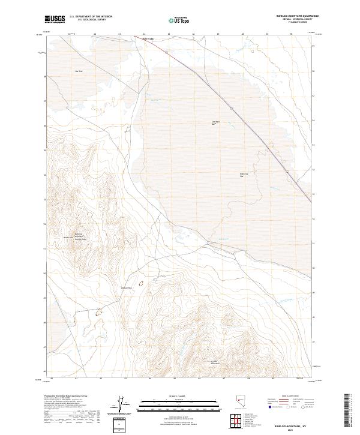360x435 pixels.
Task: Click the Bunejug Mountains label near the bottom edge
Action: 215,363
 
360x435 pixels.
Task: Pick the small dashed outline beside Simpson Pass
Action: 142,282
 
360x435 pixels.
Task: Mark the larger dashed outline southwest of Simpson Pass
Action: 100,311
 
